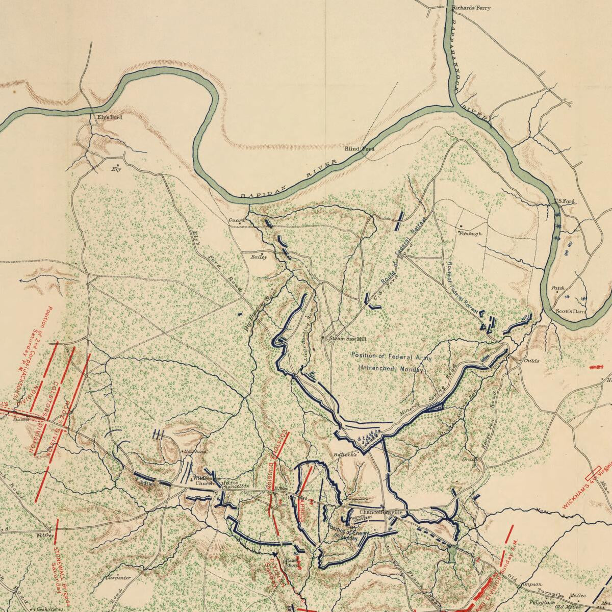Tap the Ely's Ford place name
110,117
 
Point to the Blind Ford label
359,149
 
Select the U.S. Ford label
565,201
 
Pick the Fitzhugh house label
470,234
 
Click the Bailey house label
259,258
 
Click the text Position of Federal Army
391,356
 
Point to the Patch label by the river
558,289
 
